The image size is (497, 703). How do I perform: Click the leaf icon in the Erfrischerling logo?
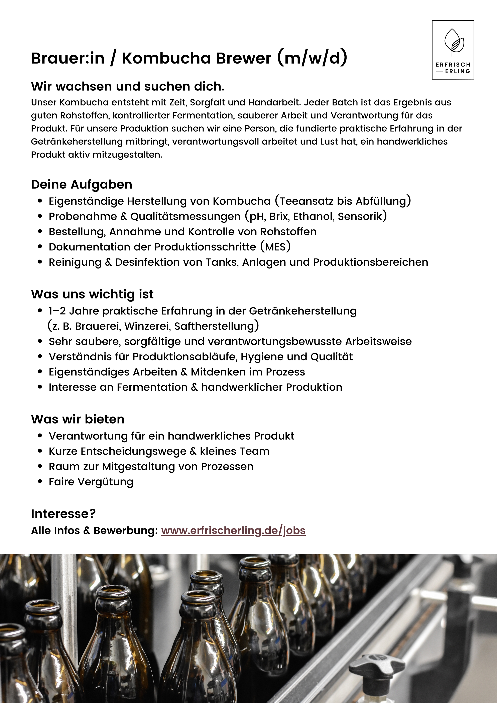point(454,41)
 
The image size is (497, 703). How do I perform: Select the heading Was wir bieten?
point(78,419)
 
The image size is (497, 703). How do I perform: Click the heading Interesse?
point(63,513)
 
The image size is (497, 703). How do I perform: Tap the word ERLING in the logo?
point(458,71)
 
